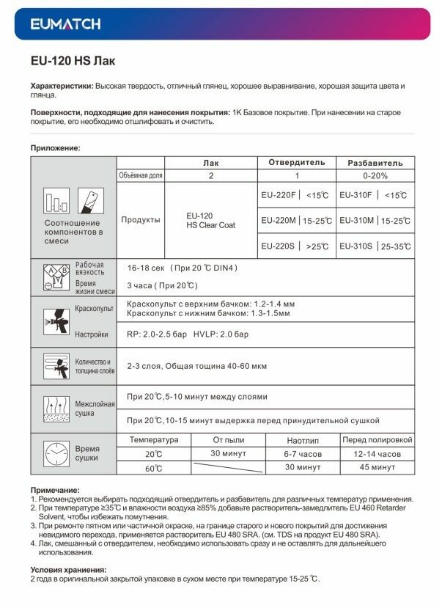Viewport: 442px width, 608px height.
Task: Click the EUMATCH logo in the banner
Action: (66, 25)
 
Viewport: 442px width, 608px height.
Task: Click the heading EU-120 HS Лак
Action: (73, 62)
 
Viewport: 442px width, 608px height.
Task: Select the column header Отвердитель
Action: (296, 163)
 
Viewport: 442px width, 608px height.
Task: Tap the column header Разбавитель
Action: (375, 163)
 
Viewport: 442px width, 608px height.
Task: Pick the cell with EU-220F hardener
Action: (296, 196)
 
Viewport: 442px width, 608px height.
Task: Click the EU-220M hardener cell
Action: (296, 220)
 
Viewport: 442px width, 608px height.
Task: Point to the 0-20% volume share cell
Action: (375, 176)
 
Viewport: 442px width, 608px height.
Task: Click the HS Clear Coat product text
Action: (210, 225)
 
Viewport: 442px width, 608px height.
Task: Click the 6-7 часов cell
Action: (303, 455)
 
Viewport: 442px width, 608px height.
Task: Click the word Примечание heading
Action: (55, 490)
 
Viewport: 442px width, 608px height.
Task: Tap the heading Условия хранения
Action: (68, 569)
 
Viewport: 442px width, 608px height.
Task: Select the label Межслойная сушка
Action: (95, 409)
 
